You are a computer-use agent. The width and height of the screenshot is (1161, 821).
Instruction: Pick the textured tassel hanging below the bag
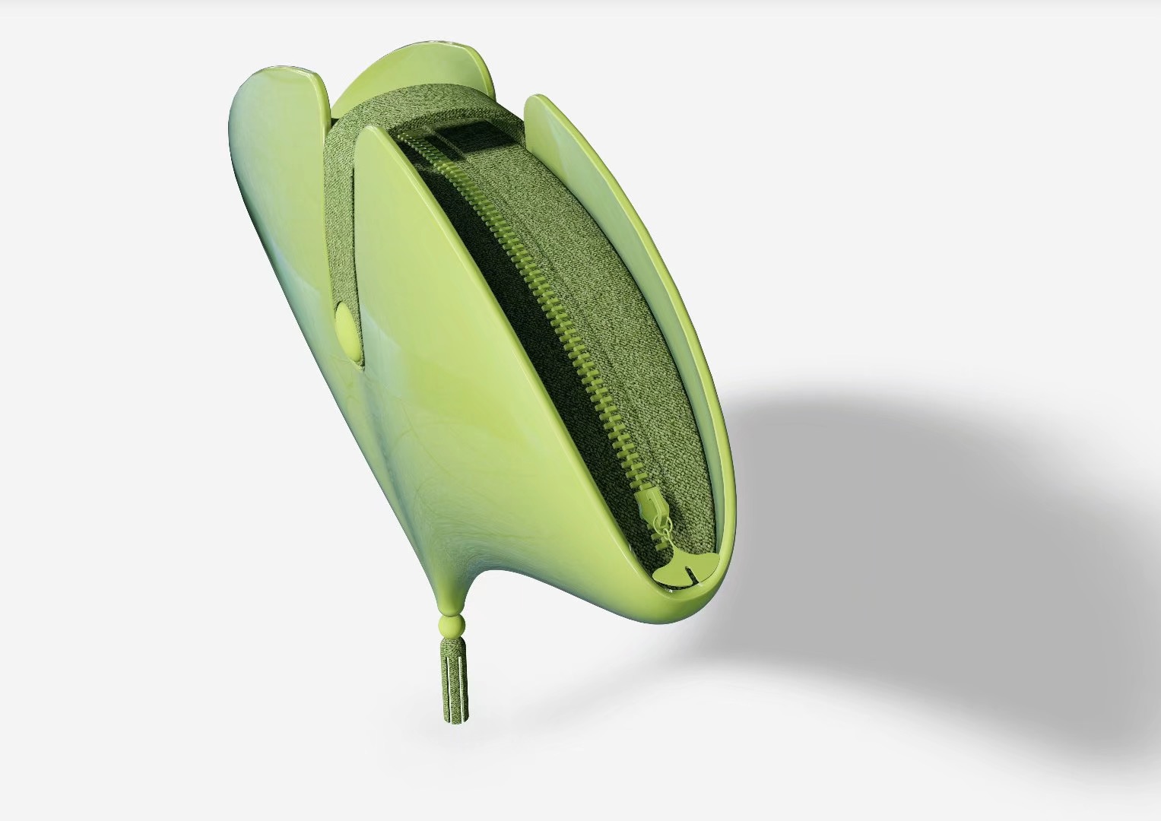point(455,680)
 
